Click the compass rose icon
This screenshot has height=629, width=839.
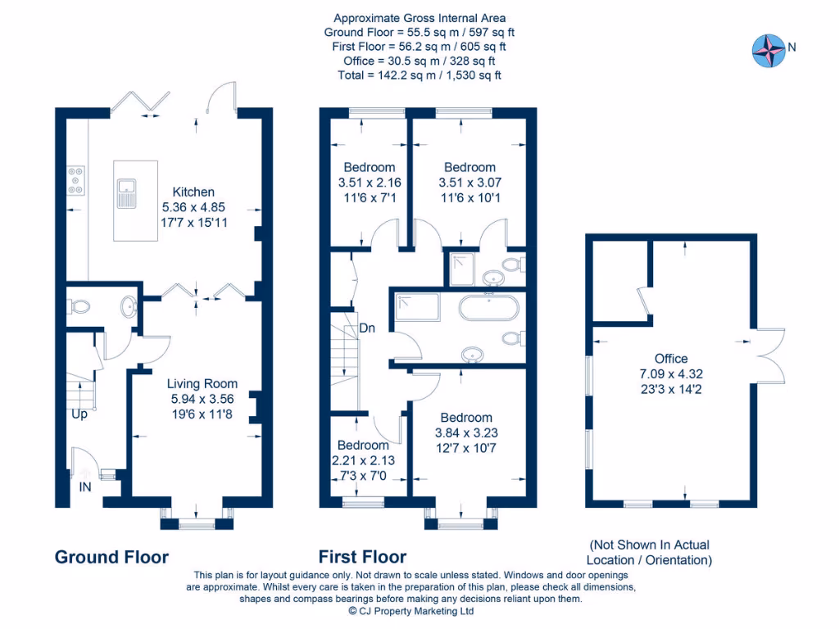point(769,51)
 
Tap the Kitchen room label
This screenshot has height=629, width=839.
point(193,192)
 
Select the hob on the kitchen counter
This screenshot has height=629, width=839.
point(75,181)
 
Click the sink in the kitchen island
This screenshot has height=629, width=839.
point(127,193)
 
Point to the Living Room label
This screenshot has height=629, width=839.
point(202,383)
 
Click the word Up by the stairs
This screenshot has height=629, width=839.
point(79,414)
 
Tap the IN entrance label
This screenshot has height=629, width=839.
point(85,487)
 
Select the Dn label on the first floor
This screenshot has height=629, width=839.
point(367,328)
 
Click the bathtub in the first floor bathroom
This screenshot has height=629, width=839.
point(488,308)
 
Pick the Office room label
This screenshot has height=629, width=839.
point(671,359)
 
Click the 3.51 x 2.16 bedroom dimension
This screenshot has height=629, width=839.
point(370,183)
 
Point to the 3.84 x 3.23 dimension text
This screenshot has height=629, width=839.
point(466,433)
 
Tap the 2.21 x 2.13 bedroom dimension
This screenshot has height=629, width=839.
point(363,460)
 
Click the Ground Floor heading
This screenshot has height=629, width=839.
point(111,557)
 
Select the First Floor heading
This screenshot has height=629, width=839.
point(363,557)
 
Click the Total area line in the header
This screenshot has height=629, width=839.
point(419,75)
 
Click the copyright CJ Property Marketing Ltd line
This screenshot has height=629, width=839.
point(411,611)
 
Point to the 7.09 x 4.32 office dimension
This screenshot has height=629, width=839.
point(671,374)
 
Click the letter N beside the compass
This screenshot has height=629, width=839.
point(792,47)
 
